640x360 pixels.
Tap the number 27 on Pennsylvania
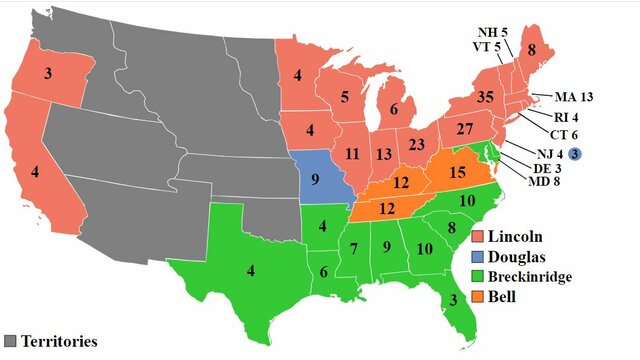pos(462,131)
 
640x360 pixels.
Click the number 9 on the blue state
pos(315,181)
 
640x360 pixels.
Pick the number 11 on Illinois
pos(352,155)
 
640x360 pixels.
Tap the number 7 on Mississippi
pos(353,246)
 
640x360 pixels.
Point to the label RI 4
pos(548,114)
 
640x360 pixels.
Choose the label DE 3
pos(536,168)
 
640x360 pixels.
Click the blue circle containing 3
pos(575,153)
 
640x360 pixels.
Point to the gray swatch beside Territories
pos(11,340)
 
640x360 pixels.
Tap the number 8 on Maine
pos(559,49)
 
